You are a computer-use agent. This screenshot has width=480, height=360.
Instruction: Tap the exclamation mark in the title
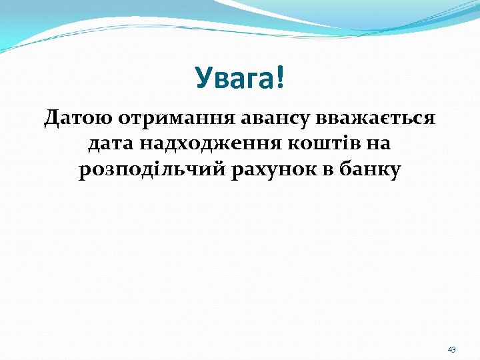[279, 79]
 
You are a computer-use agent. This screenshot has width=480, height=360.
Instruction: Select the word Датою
[79, 119]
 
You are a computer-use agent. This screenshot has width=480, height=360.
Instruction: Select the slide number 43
[452, 349]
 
